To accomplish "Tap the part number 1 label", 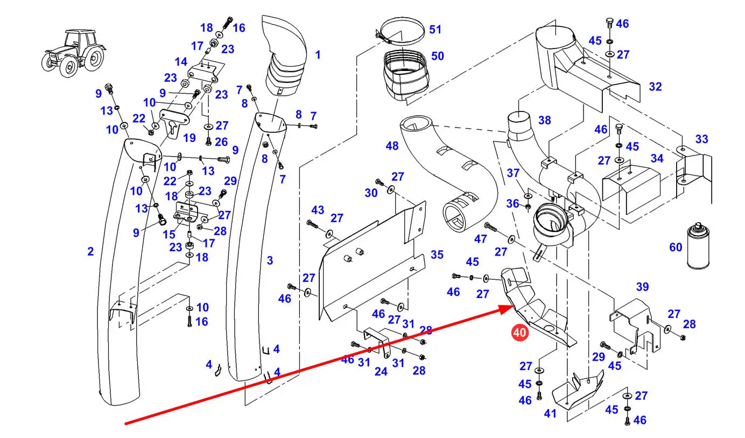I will click(318, 55).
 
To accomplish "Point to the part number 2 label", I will click(90, 251).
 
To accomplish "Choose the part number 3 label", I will click(270, 261).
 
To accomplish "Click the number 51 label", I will click(435, 30).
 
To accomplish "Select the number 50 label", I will click(438, 56).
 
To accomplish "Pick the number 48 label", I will click(392, 146).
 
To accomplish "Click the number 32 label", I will click(655, 87).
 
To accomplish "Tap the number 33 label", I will click(701, 139).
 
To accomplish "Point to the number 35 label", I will click(437, 255).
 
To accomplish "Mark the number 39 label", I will click(642, 287).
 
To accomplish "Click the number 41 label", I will click(550, 414).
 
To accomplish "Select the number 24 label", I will click(381, 371).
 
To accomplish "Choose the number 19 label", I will click(189, 138).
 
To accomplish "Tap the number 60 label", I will click(676, 248).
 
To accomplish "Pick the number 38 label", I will click(545, 121).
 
